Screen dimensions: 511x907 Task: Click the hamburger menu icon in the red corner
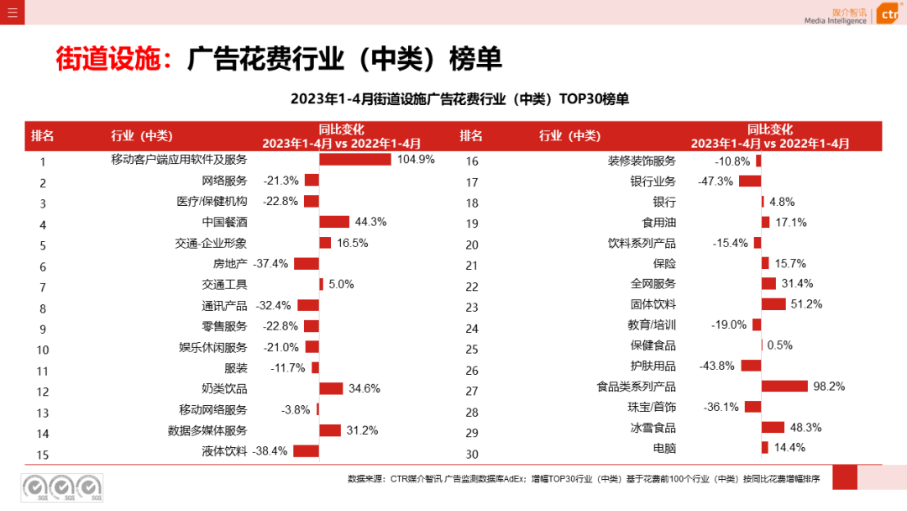(12, 12)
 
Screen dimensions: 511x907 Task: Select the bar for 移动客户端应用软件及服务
(355, 159)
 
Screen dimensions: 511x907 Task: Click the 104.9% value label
(416, 159)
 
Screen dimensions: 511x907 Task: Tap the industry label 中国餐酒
(224, 222)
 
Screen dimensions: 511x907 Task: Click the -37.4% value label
(270, 263)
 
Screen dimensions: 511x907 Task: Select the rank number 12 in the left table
(44, 392)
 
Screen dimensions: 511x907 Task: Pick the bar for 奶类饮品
(331, 388)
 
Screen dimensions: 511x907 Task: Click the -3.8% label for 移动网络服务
(296, 409)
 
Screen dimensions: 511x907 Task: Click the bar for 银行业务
(750, 181)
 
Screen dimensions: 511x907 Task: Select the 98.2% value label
(828, 387)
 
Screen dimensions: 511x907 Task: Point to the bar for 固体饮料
(773, 303)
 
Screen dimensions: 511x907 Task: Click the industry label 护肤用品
(653, 366)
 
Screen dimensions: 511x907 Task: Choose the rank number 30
(471, 454)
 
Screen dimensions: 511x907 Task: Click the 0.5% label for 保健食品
(779, 345)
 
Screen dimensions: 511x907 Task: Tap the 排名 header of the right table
(471, 135)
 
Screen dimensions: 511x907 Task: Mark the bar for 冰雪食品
(773, 427)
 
